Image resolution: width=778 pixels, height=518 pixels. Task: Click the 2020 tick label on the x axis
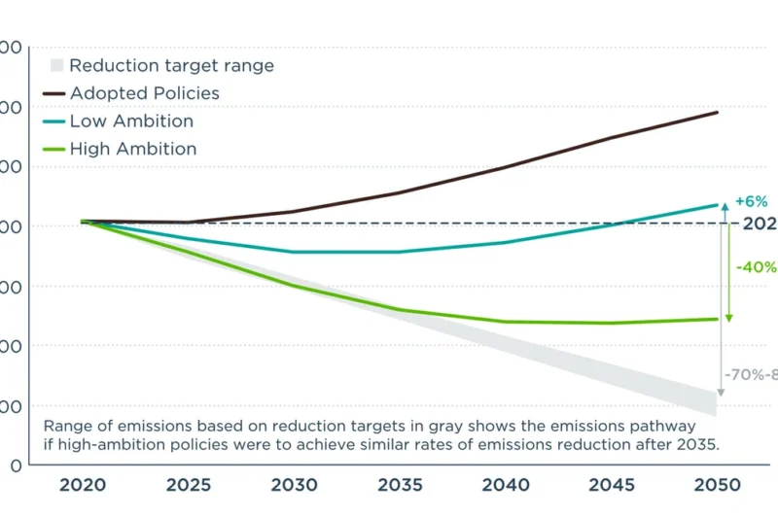point(85,485)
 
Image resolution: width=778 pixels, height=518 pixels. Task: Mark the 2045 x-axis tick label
point(611,485)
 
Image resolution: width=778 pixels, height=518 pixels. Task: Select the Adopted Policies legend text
point(144,94)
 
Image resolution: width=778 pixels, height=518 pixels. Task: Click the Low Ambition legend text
point(131,121)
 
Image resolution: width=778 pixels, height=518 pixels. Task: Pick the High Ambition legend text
point(133,149)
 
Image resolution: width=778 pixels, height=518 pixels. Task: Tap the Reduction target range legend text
point(171,66)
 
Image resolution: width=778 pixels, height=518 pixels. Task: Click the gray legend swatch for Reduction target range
point(56,66)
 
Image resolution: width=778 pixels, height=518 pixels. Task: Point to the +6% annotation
point(751,201)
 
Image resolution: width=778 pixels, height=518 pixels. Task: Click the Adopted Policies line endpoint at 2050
point(718,113)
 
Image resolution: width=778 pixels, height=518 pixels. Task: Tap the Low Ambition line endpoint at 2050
point(718,205)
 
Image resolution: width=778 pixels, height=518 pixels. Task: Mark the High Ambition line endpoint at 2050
point(718,319)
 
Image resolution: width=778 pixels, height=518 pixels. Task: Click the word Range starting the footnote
point(67,426)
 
